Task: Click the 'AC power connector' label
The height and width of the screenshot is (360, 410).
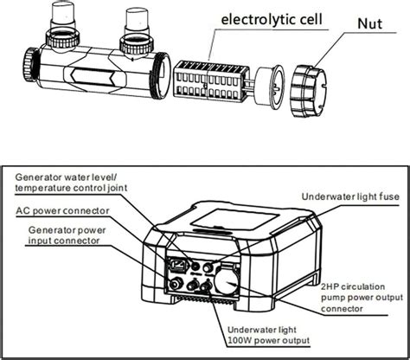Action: pos(62,209)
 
